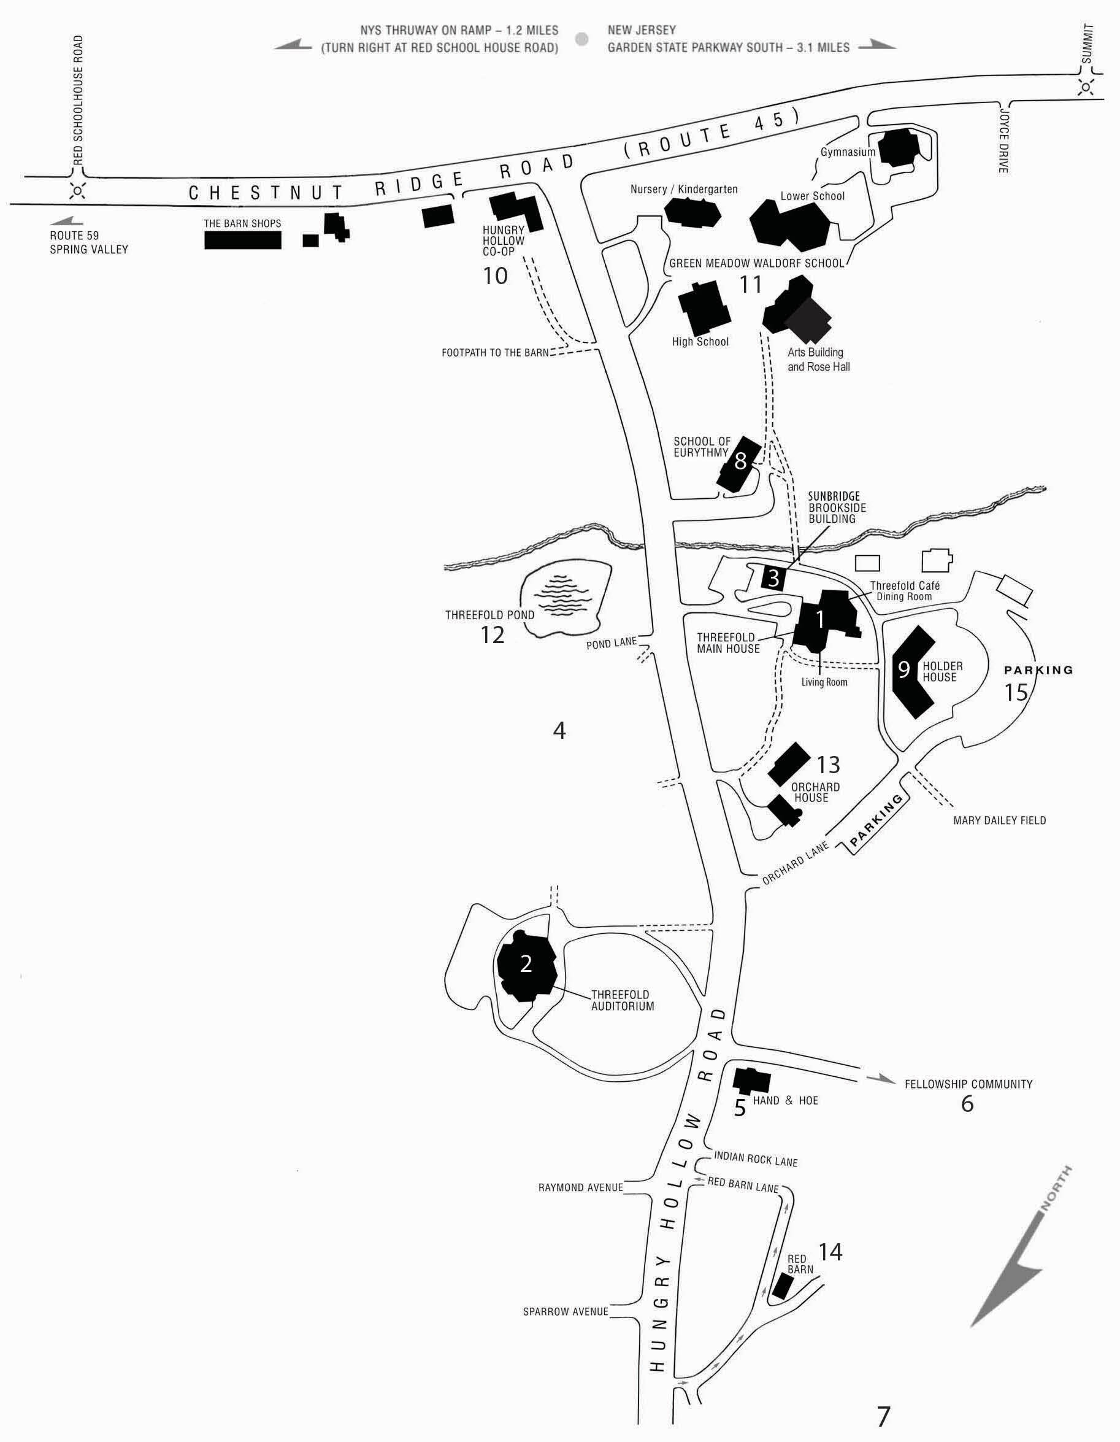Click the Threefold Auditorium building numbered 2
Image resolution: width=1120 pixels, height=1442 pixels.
[x=526, y=965]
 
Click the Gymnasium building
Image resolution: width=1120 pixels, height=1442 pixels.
[x=896, y=148]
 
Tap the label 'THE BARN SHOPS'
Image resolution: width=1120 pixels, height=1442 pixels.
[x=242, y=224]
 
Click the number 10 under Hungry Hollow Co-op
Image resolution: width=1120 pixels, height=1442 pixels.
[x=495, y=276]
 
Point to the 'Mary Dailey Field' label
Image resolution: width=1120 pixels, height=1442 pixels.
[x=999, y=820]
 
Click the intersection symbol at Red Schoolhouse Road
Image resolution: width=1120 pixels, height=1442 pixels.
[x=78, y=191]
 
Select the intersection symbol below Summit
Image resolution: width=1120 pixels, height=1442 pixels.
[x=1086, y=86]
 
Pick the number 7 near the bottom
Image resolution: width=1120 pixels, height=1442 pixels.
[x=883, y=1416]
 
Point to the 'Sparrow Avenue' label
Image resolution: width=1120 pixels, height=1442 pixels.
[x=565, y=1311]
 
